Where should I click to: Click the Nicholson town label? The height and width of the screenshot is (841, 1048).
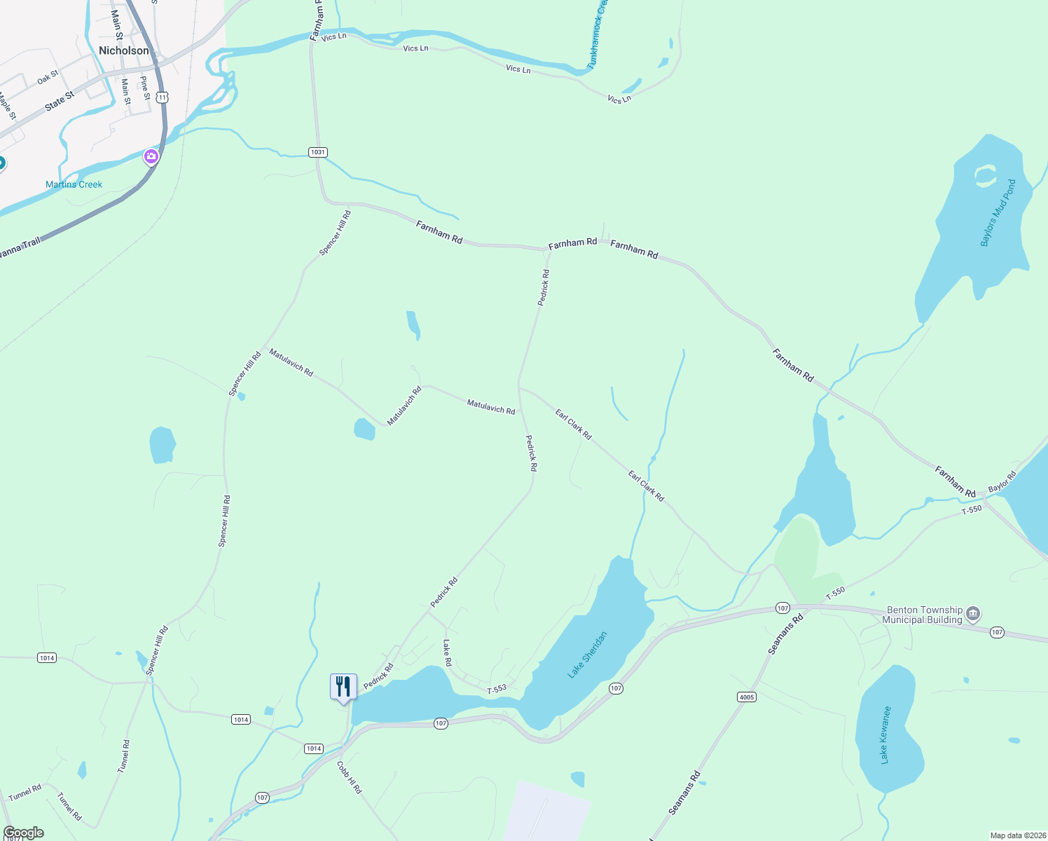click(x=124, y=50)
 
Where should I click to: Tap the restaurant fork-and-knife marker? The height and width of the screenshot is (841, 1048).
click(x=343, y=687)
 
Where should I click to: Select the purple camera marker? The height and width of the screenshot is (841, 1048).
click(x=151, y=157)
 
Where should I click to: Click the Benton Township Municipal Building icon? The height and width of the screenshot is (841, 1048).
click(x=972, y=615)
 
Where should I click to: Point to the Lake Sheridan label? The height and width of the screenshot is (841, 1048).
click(x=587, y=655)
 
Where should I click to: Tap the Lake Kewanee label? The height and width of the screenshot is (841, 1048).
click(x=885, y=734)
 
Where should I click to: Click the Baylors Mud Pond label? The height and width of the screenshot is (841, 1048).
click(x=998, y=213)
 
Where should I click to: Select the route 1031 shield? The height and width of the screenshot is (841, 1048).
click(x=318, y=152)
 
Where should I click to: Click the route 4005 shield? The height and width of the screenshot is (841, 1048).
click(x=747, y=697)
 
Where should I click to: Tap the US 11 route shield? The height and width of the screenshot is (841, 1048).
click(x=163, y=97)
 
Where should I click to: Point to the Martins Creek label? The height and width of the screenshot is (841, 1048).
click(x=74, y=184)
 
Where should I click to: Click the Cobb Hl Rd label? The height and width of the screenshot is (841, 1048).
click(x=350, y=777)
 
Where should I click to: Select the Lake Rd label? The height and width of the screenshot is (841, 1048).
click(x=447, y=652)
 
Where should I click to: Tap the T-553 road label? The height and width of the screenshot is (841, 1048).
click(x=497, y=689)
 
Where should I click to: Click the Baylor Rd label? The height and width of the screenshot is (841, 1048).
click(x=1002, y=482)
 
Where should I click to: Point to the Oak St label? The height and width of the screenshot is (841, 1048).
click(x=48, y=78)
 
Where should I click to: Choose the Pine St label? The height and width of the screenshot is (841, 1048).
click(x=145, y=88)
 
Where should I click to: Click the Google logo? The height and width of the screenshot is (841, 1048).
click(x=23, y=833)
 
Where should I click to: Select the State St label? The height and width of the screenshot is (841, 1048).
click(x=60, y=101)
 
